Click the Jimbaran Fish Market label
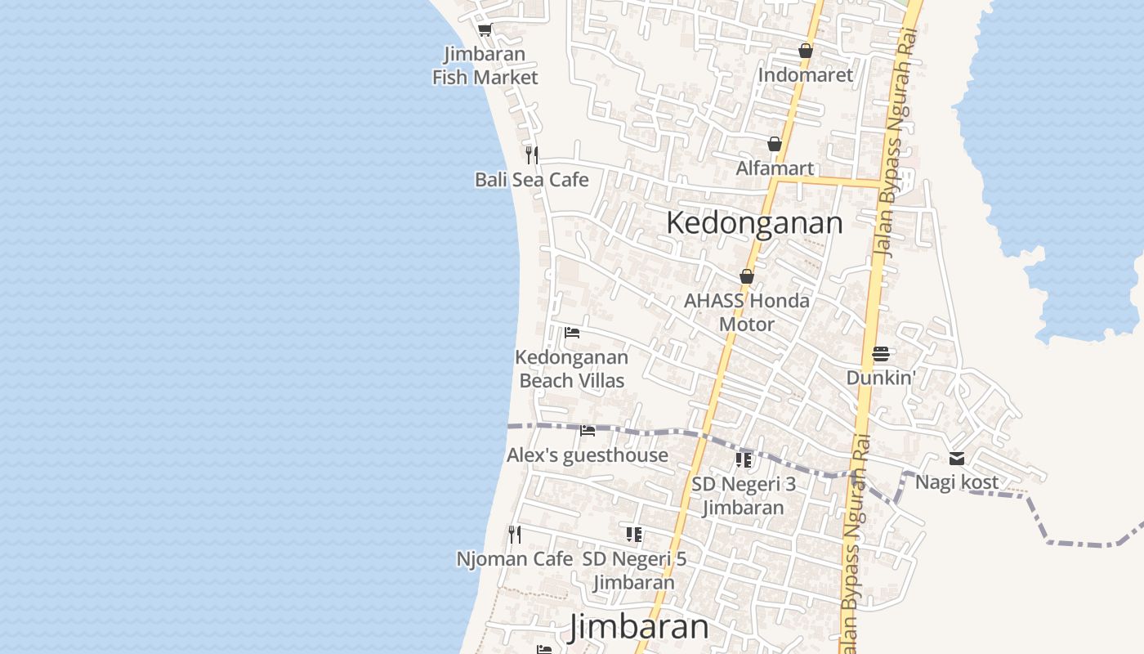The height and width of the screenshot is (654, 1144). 485,66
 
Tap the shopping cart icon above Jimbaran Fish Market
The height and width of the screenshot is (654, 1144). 485,30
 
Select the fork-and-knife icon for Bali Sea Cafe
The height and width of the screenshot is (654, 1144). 532,155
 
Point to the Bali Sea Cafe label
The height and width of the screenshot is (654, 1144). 532,180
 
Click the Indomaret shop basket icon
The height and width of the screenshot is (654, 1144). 806,51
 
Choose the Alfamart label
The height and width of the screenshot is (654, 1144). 775,168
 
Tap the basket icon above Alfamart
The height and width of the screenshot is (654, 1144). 775,145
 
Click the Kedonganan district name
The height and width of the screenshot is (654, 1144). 754,222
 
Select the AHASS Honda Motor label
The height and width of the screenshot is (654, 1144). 747,312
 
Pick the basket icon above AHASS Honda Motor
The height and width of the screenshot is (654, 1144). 747,276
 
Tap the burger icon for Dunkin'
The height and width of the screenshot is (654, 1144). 880,354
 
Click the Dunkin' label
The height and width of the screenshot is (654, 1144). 880,378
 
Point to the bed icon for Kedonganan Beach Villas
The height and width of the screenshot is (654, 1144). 572,333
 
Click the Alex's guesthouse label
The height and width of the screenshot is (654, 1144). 588,455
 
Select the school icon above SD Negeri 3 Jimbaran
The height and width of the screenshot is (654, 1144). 744,459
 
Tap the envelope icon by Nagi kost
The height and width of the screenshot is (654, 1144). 957,459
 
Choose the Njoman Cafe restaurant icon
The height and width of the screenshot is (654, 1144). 515,535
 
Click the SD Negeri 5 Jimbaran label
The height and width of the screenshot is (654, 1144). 634,571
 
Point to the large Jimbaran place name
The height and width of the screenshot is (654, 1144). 639,627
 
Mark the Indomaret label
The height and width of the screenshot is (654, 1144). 806,75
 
